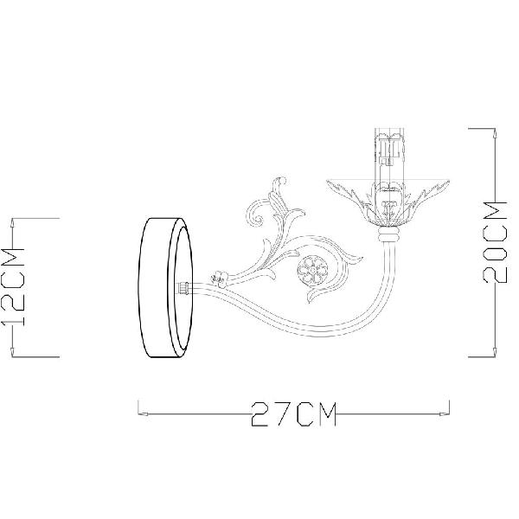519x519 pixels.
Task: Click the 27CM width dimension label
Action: coord(293,414)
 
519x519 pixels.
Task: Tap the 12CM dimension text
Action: coord(13,287)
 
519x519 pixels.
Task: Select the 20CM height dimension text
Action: coord(495,242)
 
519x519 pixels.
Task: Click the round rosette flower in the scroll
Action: coord(312,271)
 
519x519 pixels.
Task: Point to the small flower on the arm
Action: coord(220,277)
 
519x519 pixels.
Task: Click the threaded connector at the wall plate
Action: coord(184,288)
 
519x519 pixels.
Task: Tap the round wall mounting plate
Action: coord(165,287)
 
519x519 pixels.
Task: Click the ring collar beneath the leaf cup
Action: coord(388,235)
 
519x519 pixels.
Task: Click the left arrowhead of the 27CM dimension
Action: coord(143,413)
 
